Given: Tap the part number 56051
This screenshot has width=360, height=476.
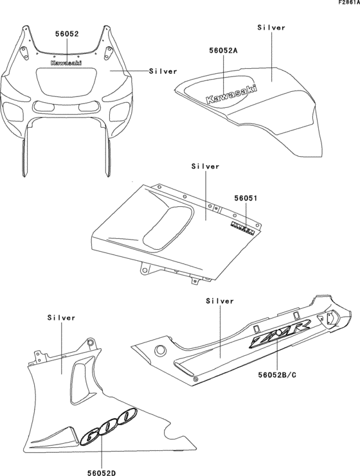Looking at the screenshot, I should [245, 199].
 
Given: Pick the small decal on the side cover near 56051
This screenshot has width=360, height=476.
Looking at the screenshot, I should [242, 226].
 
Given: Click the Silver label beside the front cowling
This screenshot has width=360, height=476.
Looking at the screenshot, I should [163, 71].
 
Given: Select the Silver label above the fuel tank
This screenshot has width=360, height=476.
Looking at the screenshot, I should [271, 28].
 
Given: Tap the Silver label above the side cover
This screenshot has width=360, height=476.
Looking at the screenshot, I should [205, 166].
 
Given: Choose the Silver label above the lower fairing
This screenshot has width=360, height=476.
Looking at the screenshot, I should [62, 317].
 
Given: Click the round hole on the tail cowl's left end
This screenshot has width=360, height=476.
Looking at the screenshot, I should [160, 349].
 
